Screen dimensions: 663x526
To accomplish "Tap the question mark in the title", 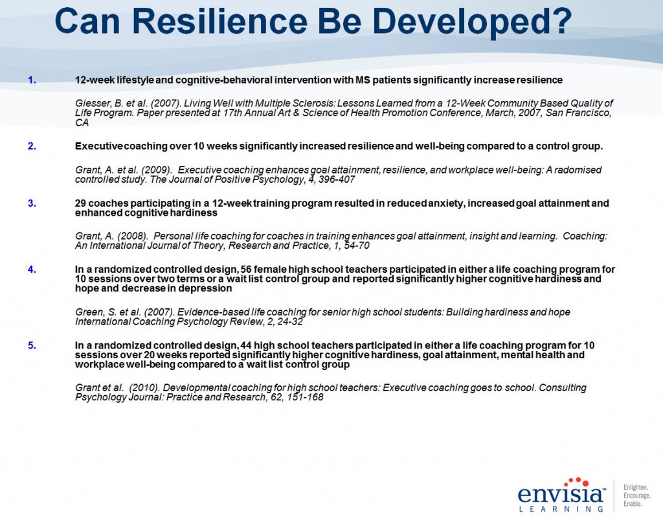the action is click(561, 21).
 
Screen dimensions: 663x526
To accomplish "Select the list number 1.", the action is click(32, 80).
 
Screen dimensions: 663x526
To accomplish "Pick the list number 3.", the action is click(32, 203).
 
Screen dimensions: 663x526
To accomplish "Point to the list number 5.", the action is click(32, 345).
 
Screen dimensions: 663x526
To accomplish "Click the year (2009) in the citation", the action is click(157, 170).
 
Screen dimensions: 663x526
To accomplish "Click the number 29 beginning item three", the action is click(80, 203).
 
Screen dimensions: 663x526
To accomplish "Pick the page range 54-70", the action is click(357, 246).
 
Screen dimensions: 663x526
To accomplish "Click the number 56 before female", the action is click(245, 269).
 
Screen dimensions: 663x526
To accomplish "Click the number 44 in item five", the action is click(245, 345).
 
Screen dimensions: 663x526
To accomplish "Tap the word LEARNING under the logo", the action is click(561, 509).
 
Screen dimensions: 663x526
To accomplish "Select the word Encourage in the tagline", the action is click(637, 496).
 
